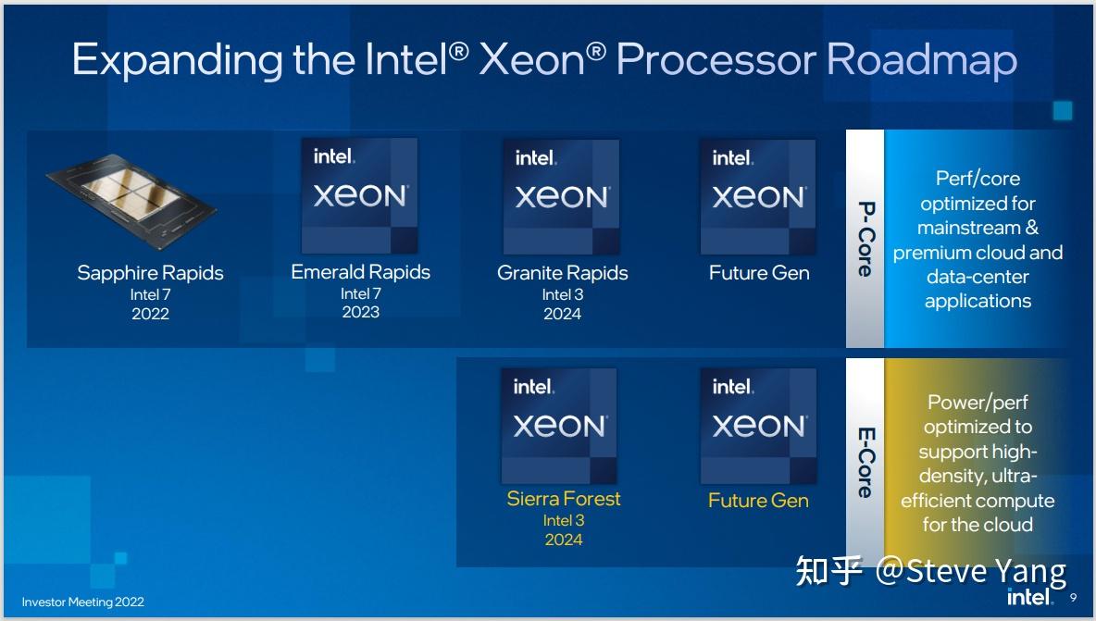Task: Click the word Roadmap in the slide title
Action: pyautogui.click(x=921, y=59)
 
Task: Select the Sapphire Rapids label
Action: pyautogui.click(x=150, y=273)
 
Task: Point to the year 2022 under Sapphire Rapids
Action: pyautogui.click(x=150, y=314)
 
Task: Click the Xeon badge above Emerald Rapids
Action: pyautogui.click(x=359, y=196)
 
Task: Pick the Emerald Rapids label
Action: pyautogui.click(x=360, y=272)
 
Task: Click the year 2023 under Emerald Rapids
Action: pyautogui.click(x=360, y=312)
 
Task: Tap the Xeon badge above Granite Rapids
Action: pyautogui.click(x=561, y=196)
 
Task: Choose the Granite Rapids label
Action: pyautogui.click(x=562, y=273)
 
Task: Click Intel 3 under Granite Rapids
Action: pyautogui.click(x=562, y=294)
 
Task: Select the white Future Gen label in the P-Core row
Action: pyautogui.click(x=759, y=273)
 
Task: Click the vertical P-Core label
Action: pyautogui.click(x=866, y=239)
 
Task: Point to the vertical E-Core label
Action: pyautogui.click(x=866, y=462)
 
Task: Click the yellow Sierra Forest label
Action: pyautogui.click(x=563, y=499)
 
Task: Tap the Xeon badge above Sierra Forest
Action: pyautogui.click(x=559, y=426)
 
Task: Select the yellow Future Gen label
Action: pyautogui.click(x=758, y=501)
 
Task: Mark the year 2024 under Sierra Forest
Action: pyautogui.click(x=563, y=540)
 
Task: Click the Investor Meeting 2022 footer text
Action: pyautogui.click(x=83, y=602)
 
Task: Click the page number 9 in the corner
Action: pyautogui.click(x=1073, y=598)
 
